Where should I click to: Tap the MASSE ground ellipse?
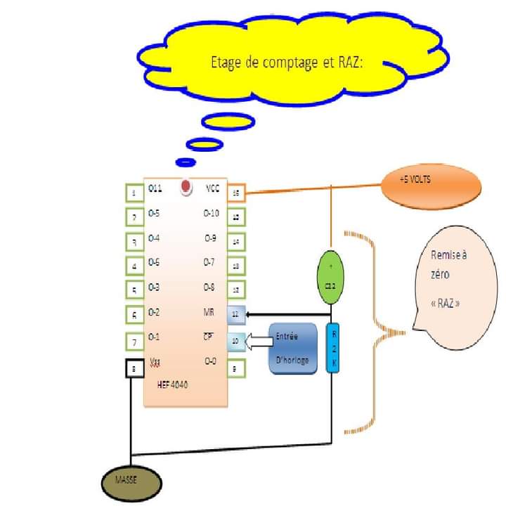(126, 481)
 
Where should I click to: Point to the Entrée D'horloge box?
(293, 349)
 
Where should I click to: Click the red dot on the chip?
(186, 187)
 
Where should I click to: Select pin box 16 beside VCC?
(238, 191)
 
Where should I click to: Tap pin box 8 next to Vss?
(134, 368)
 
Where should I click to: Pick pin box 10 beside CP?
(237, 342)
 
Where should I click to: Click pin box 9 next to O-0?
(237, 367)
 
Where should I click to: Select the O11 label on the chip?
(156, 188)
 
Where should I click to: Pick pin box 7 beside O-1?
(134, 342)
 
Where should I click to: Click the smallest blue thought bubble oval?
(185, 162)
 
